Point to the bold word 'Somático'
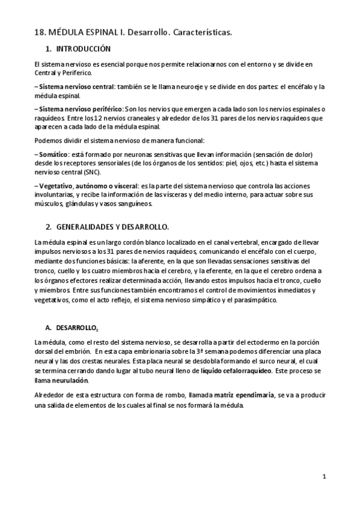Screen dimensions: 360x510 coord(52,154)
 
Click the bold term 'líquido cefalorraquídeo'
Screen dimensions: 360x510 coord(228,371)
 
